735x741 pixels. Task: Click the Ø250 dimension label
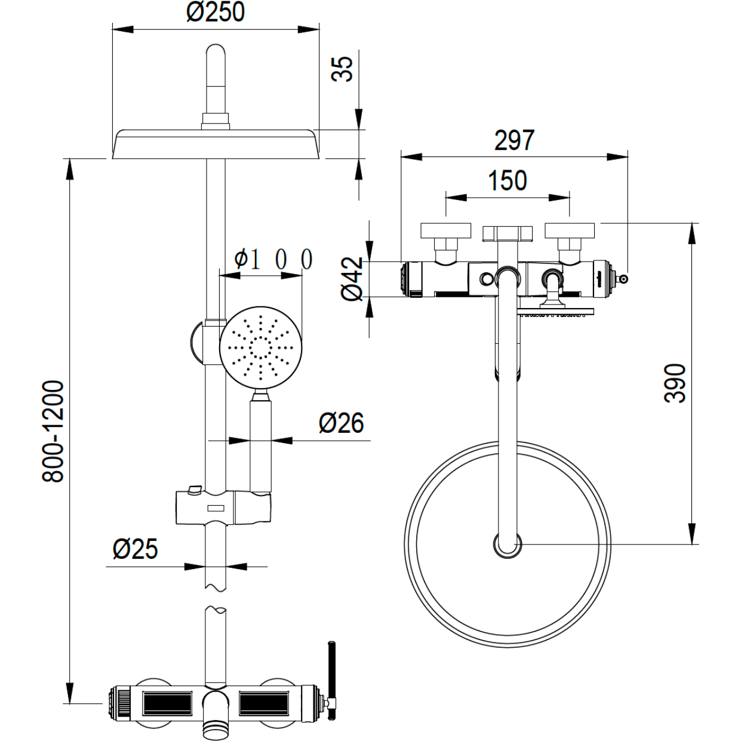click(x=216, y=13)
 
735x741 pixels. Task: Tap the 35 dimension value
click(x=343, y=68)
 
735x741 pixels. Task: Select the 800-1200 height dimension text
click(x=54, y=431)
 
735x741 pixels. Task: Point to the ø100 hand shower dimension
click(x=273, y=259)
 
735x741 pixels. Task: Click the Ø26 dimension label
click(x=341, y=423)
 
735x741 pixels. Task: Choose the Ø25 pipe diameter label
click(x=136, y=549)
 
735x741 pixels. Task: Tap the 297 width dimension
click(x=514, y=141)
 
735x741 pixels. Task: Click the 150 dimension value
click(x=508, y=181)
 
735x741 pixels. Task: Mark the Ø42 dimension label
click(x=353, y=278)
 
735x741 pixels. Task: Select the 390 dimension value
click(x=675, y=383)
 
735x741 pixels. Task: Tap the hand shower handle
click(x=260, y=445)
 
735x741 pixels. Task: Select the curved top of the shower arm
click(x=216, y=56)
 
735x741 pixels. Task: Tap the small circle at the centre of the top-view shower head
click(x=507, y=544)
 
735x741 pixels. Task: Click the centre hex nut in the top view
click(x=507, y=233)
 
